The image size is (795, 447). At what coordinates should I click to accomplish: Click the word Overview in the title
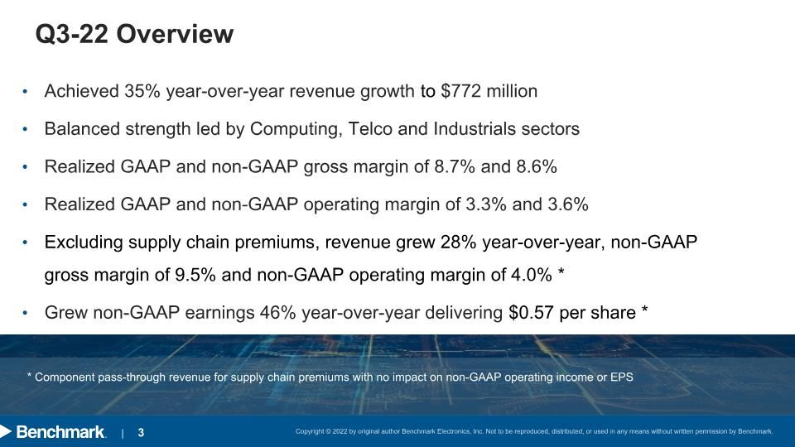pos(175,34)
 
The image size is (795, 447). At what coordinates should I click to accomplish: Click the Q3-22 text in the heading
pos(71,34)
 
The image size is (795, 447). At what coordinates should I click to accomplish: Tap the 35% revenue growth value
pos(142,91)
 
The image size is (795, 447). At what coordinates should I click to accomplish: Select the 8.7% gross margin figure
pos(455,166)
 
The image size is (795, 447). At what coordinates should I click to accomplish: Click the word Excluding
pos(84,243)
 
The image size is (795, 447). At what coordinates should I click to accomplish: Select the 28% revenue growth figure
pos(458,243)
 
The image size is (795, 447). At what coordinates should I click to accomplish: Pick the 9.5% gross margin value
pos(195,275)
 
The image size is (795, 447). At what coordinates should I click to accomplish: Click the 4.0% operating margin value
pos(532,275)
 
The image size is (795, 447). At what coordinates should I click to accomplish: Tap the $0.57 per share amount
pos(531,313)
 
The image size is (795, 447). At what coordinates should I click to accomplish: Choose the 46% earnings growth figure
pos(278,313)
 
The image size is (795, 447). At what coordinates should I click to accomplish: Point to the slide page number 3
pos(141,432)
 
